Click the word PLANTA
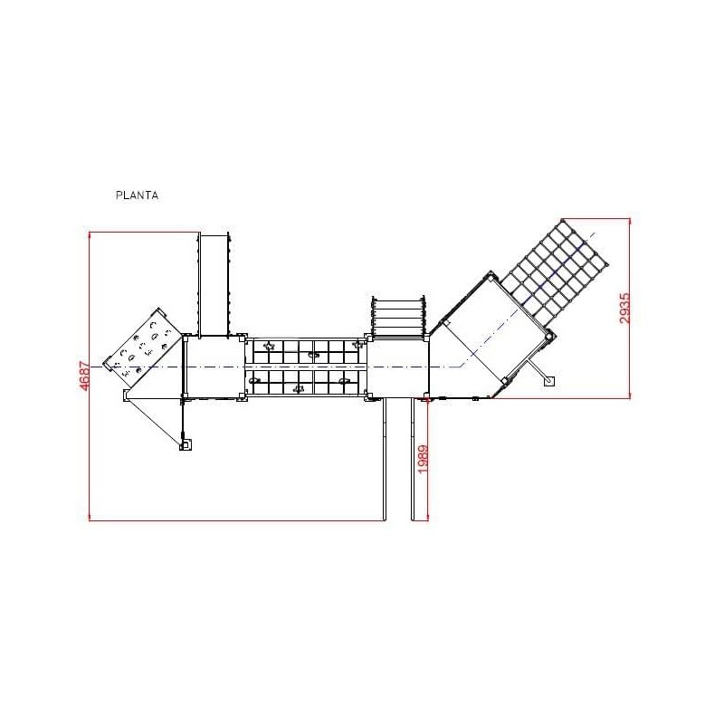[x=138, y=195]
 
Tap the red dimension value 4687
[x=85, y=376]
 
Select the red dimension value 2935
[x=624, y=308]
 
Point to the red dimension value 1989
[x=423, y=459]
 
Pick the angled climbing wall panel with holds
[x=142, y=347]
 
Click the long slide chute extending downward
[x=398, y=460]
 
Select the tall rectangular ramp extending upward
[x=214, y=284]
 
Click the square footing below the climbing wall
[x=186, y=445]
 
